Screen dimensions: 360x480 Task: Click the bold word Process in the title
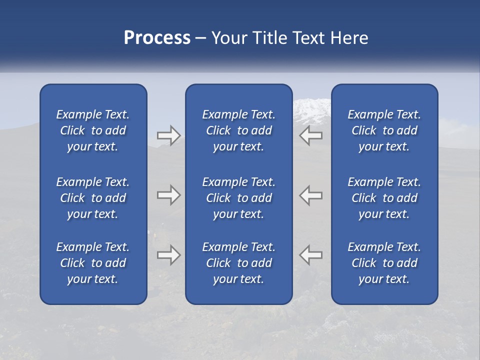tap(157, 38)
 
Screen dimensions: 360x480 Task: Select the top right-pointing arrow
tap(168, 135)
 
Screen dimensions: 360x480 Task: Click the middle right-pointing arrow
tap(168, 195)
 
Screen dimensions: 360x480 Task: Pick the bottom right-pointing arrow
tap(168, 255)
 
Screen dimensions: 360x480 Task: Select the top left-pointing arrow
tap(311, 135)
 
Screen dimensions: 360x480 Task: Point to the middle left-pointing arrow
tap(311, 195)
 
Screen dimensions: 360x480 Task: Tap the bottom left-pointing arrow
tap(311, 255)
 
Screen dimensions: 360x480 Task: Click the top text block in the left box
tap(93, 130)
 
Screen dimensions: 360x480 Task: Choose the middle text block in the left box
tap(93, 198)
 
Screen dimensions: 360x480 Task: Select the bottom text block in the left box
tap(93, 263)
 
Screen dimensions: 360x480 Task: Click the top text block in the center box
tap(238, 130)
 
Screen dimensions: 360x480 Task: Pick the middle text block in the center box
tap(238, 198)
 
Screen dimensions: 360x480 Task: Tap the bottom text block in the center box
tap(238, 263)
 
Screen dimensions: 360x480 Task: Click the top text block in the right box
tap(384, 130)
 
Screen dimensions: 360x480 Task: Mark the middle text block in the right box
tap(384, 198)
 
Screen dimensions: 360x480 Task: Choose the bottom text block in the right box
tap(384, 263)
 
